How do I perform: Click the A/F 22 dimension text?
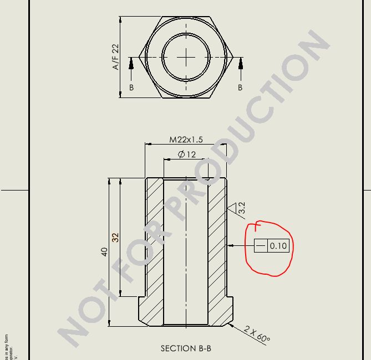point(116,57)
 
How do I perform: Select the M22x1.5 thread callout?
point(186,140)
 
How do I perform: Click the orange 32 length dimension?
point(115,237)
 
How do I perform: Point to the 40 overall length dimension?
point(104,251)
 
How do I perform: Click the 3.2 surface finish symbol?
point(240,208)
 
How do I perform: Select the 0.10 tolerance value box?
point(278,245)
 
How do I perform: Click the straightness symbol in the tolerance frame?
point(261,245)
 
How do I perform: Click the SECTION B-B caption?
point(186,348)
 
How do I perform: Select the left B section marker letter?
point(131,88)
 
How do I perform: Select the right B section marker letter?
point(240,88)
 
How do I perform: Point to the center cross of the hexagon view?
point(186,57)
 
